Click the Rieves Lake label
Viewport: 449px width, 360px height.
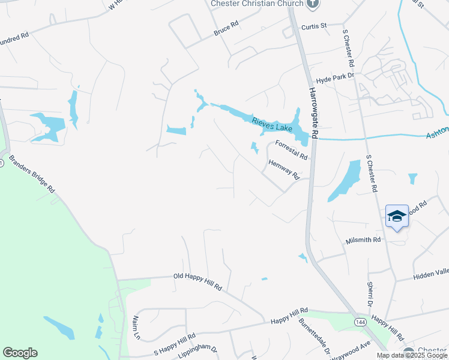(273, 124)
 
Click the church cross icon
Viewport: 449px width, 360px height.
(312, 4)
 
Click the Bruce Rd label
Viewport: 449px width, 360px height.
(226, 28)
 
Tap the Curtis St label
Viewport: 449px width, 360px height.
(313, 26)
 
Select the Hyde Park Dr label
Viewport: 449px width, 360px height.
(336, 78)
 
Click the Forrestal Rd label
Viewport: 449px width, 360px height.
(291, 149)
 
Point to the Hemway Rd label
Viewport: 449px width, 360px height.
(284, 169)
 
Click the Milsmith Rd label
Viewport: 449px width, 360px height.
(363, 240)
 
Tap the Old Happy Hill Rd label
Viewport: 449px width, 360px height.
(197, 281)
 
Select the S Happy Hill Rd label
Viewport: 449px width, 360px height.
(175, 344)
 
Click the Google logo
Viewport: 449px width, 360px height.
(20, 353)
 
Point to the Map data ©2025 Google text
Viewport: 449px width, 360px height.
(411, 355)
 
